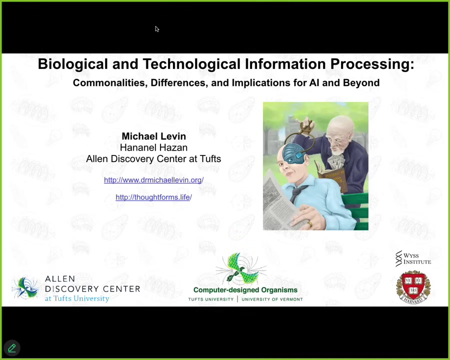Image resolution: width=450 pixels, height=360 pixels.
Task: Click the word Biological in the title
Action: (x=73, y=64)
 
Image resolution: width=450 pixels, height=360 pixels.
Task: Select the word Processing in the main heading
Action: (x=372, y=64)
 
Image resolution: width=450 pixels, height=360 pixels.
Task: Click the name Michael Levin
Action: (x=154, y=136)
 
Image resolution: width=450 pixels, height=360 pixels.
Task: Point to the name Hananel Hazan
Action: (x=153, y=147)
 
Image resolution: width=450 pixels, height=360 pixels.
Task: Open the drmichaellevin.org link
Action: (x=154, y=180)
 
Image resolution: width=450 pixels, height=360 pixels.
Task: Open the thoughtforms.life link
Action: (x=154, y=197)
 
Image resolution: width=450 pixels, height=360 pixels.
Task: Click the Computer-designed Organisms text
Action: (x=245, y=290)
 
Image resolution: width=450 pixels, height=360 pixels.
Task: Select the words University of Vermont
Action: (x=272, y=299)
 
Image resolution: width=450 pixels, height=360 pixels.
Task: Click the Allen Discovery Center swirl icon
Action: (x=25, y=288)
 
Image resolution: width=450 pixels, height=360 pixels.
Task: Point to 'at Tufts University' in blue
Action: (x=77, y=298)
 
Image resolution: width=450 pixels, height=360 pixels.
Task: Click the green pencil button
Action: (x=12, y=348)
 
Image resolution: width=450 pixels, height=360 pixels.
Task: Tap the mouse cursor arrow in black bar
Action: (x=157, y=29)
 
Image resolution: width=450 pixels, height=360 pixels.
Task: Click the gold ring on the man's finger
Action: (x=309, y=224)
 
